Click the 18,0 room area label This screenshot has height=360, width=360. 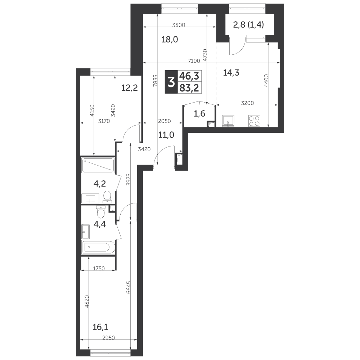170,40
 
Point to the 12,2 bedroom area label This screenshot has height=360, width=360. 130,87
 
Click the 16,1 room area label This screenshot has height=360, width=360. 100,327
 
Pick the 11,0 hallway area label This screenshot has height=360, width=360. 166,135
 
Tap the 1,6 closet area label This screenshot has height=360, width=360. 199,113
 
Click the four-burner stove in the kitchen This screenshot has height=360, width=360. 255,121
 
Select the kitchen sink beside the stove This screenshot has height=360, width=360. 228,121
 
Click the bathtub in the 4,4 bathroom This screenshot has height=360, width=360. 98,248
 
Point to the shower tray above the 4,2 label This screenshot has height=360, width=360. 98,165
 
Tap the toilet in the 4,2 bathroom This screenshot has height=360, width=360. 107,197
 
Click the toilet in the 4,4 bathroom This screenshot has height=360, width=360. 100,211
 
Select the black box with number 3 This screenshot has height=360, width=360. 171,82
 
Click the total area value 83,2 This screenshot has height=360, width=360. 189,88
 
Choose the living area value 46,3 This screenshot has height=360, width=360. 189,76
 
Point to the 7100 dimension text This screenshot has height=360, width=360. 194,61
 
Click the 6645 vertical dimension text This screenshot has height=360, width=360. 129,287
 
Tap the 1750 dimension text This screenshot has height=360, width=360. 99,268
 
